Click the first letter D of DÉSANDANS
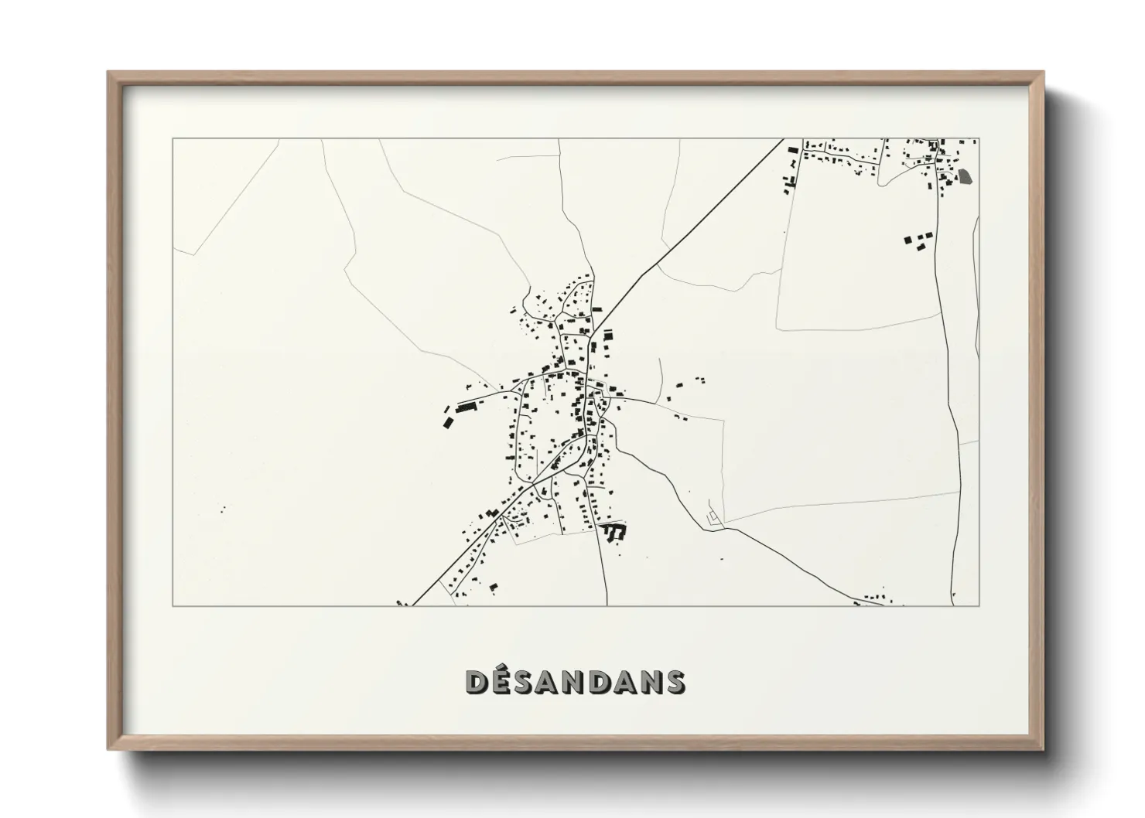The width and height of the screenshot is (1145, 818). coord(477,681)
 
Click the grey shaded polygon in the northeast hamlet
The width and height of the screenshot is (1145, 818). coord(964,176)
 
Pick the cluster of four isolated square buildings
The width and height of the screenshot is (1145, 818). coord(918,240)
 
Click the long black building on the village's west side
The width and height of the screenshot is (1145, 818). coord(468,406)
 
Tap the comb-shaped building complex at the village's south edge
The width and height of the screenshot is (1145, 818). coord(614,531)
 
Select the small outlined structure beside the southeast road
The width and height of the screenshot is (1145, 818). coord(713,517)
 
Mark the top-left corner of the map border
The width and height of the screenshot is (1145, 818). coord(173,139)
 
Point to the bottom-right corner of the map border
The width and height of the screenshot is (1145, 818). coord(979,605)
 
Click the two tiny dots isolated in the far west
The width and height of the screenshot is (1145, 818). coord(223,508)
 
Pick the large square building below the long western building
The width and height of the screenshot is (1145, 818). coord(446,422)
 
